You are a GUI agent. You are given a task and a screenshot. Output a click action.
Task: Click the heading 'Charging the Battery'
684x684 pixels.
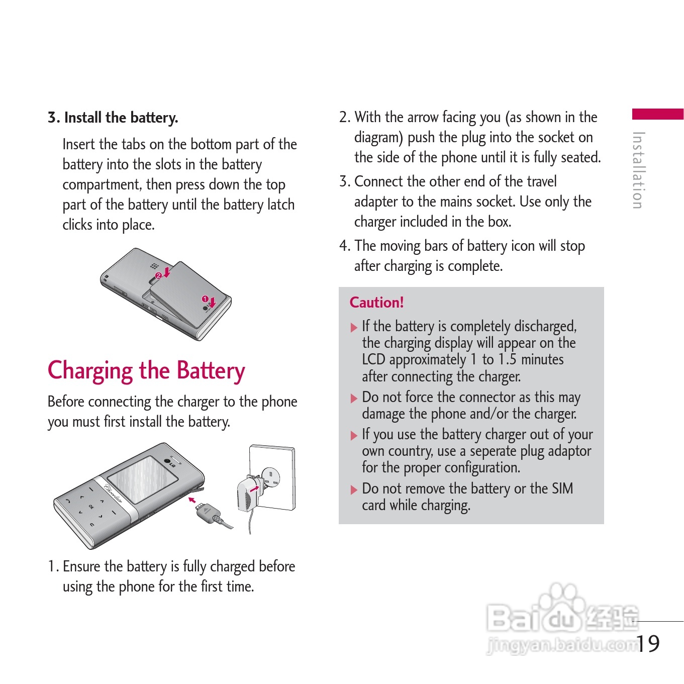pyautogui.click(x=146, y=371)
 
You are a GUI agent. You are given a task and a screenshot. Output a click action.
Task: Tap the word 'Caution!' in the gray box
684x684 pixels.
pyautogui.click(x=376, y=303)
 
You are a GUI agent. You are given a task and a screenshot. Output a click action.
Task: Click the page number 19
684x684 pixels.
pyautogui.click(x=648, y=643)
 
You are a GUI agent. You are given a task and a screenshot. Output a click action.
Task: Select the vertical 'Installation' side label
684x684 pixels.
pyautogui.click(x=639, y=170)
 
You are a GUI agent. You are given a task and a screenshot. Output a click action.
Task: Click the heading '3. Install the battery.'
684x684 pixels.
pyautogui.click(x=113, y=118)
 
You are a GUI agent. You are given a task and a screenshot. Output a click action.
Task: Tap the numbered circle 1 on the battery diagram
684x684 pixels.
pyautogui.click(x=205, y=299)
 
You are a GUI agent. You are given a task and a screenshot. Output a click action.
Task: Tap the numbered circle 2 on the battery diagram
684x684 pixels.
pyautogui.click(x=158, y=275)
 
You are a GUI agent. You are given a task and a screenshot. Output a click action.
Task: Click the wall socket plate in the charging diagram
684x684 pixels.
pyautogui.click(x=272, y=477)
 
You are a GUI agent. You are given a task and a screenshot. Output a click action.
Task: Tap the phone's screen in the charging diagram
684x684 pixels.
pyautogui.click(x=143, y=479)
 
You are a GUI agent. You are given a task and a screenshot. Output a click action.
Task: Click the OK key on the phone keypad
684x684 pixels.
pyautogui.click(x=91, y=507)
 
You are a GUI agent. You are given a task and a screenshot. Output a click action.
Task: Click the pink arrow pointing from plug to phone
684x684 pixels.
pyautogui.click(x=192, y=500)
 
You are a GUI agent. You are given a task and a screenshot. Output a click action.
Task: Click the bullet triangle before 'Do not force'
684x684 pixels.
pyautogui.click(x=353, y=398)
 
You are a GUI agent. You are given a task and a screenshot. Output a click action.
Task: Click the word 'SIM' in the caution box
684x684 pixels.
pyautogui.click(x=562, y=488)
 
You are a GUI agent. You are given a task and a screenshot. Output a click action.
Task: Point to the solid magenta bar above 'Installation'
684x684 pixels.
pyautogui.click(x=658, y=114)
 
